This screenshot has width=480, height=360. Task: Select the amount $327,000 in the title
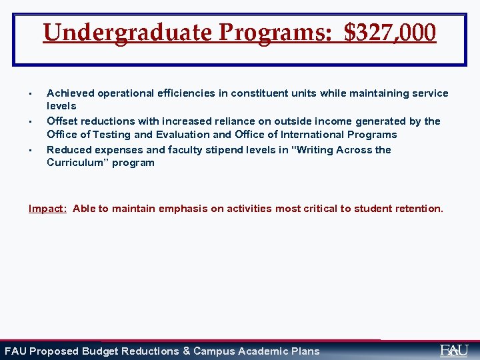[391, 32]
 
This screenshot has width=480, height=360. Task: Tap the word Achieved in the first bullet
[71, 93]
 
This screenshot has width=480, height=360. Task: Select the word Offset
[61, 121]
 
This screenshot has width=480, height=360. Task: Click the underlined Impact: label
[47, 209]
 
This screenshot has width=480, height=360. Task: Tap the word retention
[418, 209]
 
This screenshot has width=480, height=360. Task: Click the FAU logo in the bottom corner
[454, 350]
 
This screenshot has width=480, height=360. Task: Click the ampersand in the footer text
[186, 351]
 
